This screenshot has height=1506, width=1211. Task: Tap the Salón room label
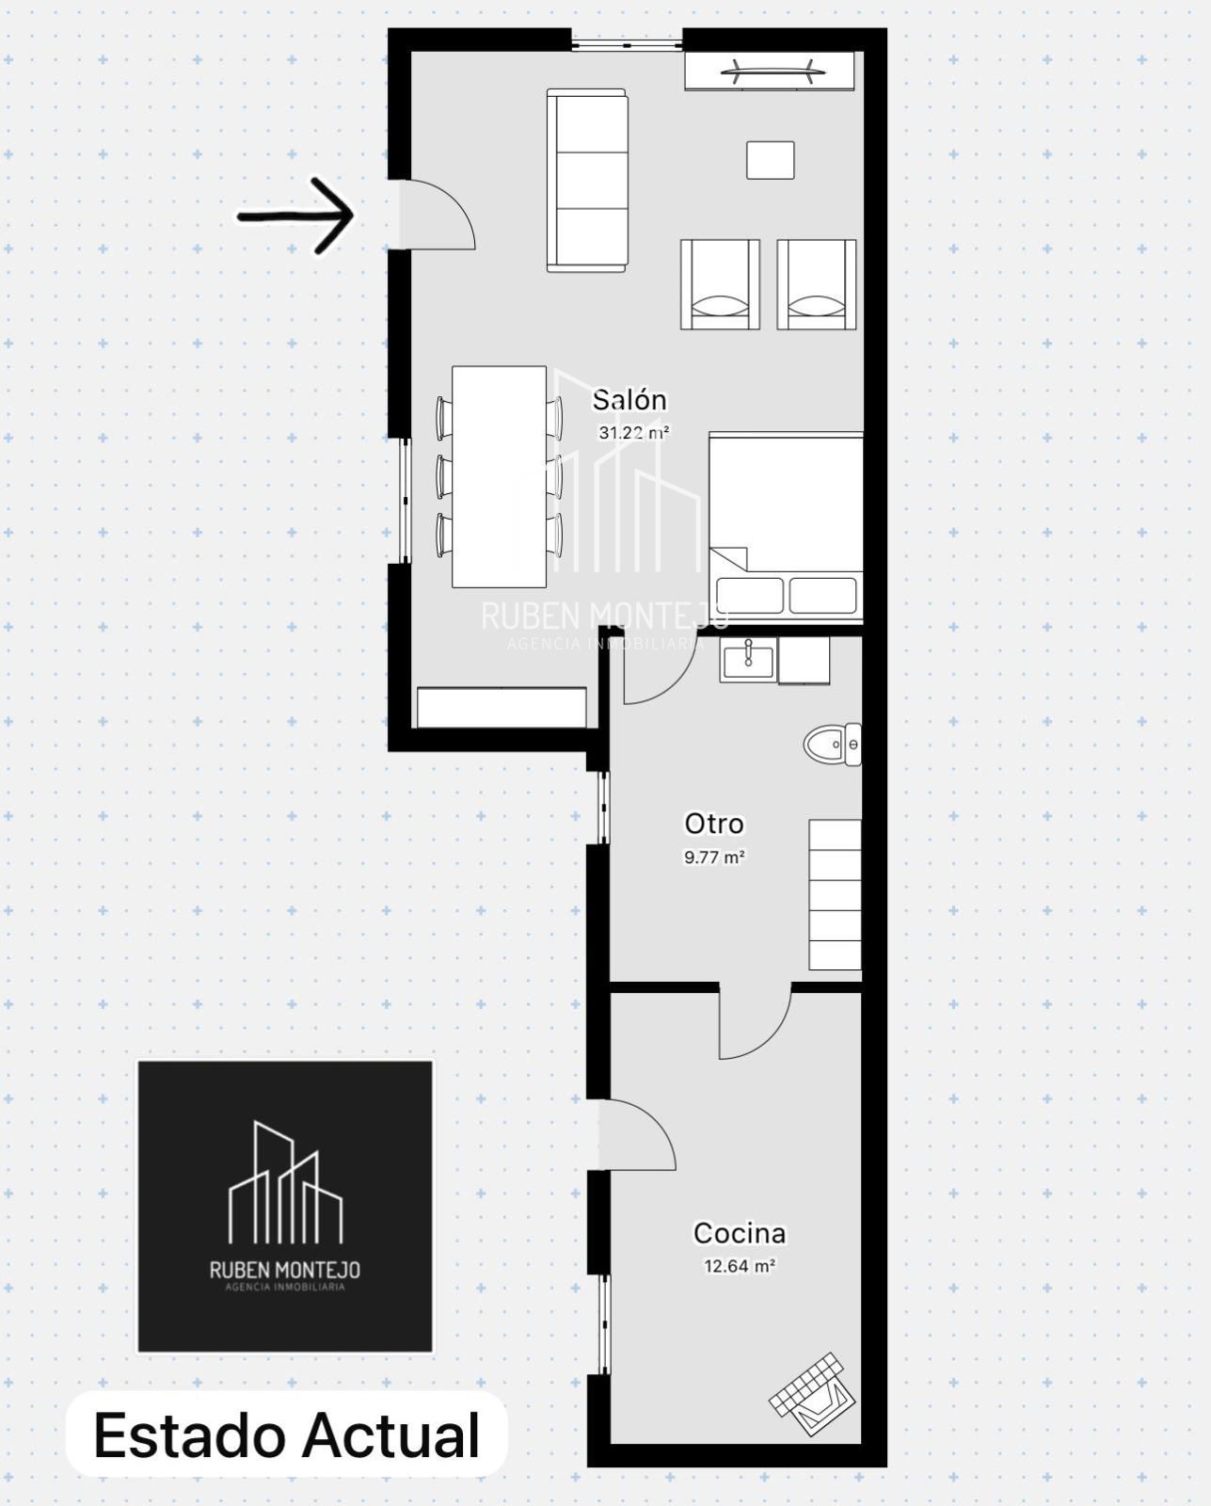click(629, 400)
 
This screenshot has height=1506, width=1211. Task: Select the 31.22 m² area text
click(634, 432)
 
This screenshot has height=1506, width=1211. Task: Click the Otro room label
click(713, 824)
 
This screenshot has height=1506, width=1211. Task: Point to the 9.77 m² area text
click(713, 857)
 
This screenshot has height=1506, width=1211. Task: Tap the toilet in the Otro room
click(833, 745)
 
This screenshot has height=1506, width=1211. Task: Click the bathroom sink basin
click(748, 659)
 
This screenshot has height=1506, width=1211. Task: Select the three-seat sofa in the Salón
click(587, 180)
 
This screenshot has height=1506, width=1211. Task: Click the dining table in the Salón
click(499, 476)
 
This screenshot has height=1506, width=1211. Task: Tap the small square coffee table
click(771, 160)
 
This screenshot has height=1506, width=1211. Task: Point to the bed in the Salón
click(786, 526)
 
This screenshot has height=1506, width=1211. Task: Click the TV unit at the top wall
click(770, 71)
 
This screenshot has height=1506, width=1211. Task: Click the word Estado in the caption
click(190, 1434)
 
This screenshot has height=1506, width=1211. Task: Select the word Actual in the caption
click(391, 1434)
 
